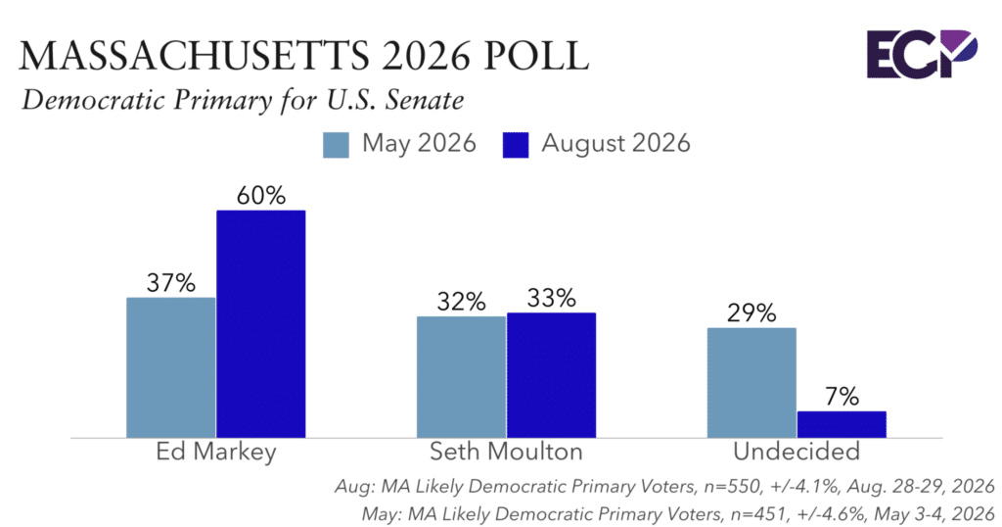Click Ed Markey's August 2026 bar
[260, 323]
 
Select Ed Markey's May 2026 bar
[170, 367]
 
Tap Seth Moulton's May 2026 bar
[462, 377]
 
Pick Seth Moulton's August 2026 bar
[552, 375]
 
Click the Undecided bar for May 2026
[751, 383]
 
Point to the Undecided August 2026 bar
[842, 425]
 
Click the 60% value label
[260, 196]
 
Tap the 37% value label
[170, 283]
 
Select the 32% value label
[462, 302]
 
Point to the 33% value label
[552, 298]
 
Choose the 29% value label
[751, 313]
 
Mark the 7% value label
[842, 397]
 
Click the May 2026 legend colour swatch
[337, 145]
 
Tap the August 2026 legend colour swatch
[516, 145]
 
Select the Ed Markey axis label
[216, 452]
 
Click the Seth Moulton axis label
[506, 452]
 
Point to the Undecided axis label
[797, 452]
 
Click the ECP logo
[922, 54]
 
